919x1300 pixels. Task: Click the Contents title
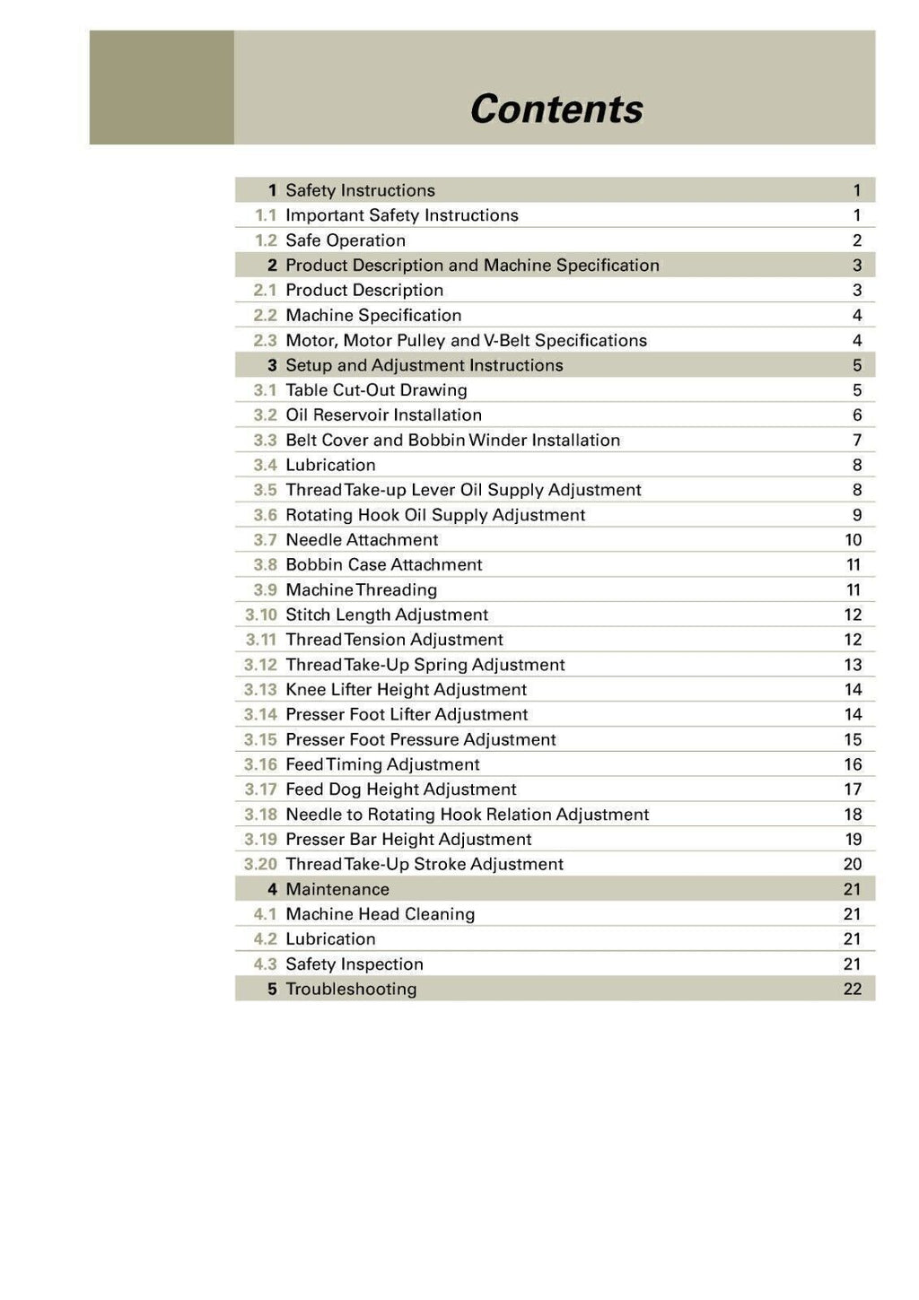(556, 109)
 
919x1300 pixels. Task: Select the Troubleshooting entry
(351, 989)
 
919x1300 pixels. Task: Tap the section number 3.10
(261, 615)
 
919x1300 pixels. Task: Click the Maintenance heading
(337, 889)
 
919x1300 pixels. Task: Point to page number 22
(853, 989)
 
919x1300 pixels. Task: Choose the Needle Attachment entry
(362, 539)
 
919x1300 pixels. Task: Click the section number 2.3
(265, 340)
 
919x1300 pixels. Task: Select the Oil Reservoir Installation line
(383, 414)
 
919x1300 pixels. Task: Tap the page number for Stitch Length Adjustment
(853, 615)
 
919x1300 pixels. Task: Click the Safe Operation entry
(346, 240)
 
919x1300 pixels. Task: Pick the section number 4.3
(265, 964)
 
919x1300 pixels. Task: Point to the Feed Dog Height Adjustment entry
(400, 790)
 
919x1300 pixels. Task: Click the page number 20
(853, 864)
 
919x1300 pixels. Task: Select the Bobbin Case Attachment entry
(383, 564)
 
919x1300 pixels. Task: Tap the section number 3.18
(261, 815)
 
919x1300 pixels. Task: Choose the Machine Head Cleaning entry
(380, 914)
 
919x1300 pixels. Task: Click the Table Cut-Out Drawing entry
(376, 390)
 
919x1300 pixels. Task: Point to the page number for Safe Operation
(857, 240)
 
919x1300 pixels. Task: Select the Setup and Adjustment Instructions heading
(424, 365)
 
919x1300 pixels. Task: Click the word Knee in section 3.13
(305, 690)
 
